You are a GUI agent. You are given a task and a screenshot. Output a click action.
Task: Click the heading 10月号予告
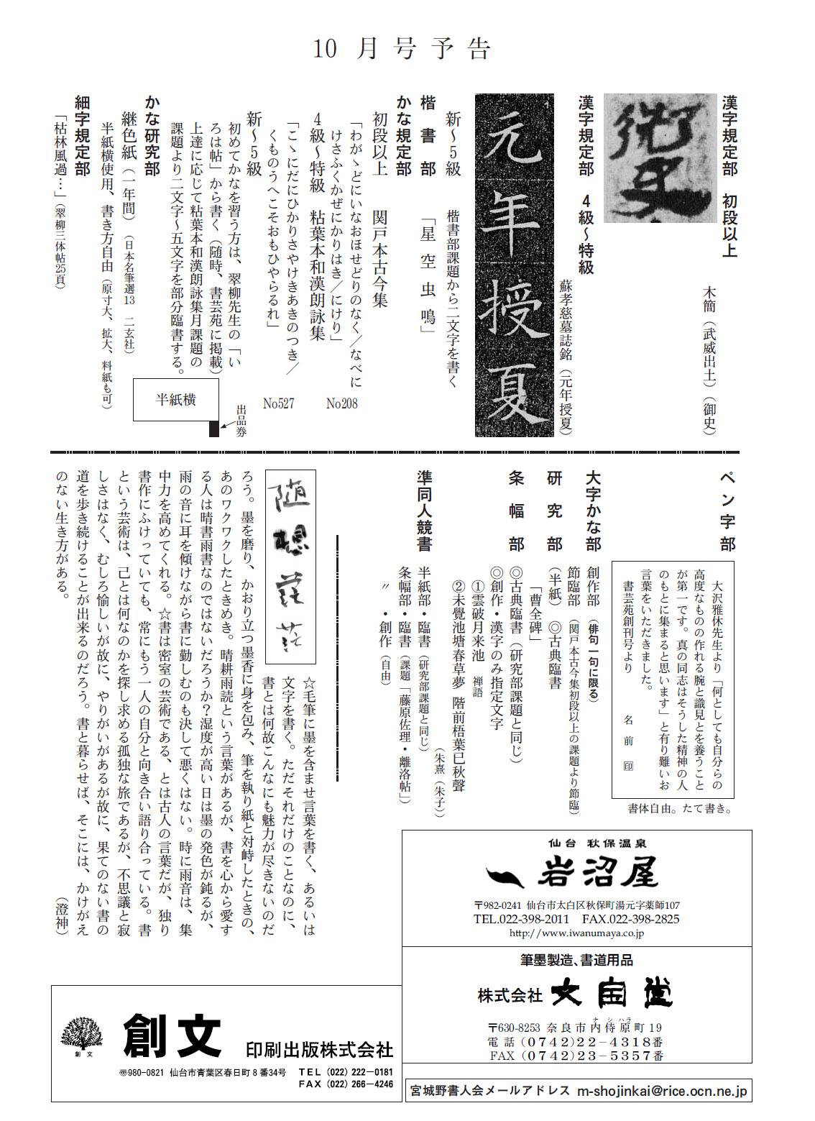click(402, 49)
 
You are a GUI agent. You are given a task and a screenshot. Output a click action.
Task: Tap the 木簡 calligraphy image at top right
click(660, 158)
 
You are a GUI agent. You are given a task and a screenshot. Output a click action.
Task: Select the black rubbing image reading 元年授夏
click(514, 265)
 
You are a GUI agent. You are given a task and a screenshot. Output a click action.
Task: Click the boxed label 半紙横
click(176, 400)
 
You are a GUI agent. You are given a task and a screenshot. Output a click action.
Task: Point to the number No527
click(278, 404)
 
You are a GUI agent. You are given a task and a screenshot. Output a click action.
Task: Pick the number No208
click(341, 404)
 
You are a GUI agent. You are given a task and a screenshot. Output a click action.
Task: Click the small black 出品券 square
click(213, 429)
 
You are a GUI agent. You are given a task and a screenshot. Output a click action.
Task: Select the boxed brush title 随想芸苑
click(290, 566)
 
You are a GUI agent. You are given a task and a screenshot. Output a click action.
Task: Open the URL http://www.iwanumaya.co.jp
click(576, 933)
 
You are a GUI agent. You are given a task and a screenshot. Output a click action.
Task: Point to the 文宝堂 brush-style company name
click(612, 994)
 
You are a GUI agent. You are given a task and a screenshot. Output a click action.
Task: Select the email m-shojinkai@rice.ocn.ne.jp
click(663, 1091)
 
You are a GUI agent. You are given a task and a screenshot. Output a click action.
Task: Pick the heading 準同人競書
click(424, 511)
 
